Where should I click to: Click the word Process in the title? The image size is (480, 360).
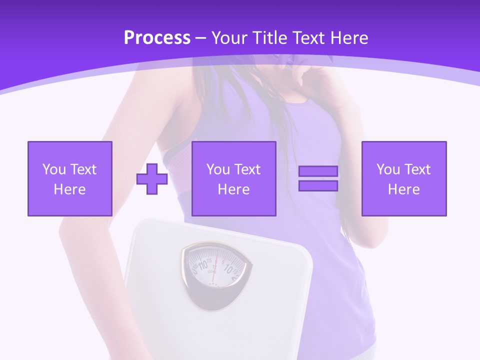coord(157,38)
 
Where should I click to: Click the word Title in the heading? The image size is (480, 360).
coord(268,38)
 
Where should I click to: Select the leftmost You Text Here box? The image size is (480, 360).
coord(69,178)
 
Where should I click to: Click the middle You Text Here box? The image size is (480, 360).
coord(233,178)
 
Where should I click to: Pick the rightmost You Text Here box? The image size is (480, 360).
coord(403,178)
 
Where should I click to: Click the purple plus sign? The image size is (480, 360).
coord(152,179)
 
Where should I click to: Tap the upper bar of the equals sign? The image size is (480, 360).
coord(318,171)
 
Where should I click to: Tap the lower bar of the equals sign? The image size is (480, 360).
coord(318,185)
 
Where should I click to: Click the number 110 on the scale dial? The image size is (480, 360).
coord(203,263)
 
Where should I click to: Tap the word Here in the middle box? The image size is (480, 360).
coord(233,189)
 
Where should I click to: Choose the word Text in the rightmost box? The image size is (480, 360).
coord(418,169)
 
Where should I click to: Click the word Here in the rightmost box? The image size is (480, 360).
coord(403,189)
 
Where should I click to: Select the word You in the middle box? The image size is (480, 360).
coord(218,169)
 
